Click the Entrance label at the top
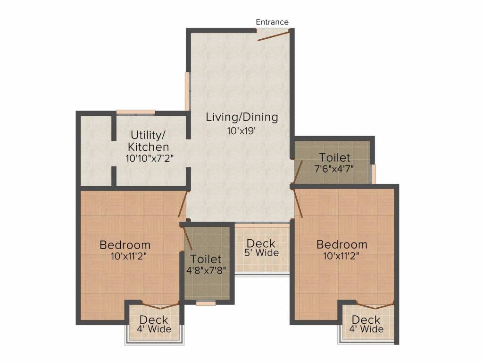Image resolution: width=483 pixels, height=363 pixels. click(x=272, y=22)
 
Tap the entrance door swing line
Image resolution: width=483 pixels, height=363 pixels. click(x=274, y=35)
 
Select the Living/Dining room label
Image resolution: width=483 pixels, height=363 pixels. click(x=242, y=117)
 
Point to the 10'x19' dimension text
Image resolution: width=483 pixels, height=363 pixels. click(x=242, y=131)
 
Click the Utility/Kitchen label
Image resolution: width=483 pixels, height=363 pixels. click(x=149, y=141)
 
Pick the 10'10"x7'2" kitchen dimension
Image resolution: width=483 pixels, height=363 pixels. click(x=150, y=158)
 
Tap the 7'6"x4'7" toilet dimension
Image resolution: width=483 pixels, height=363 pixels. click(x=334, y=169)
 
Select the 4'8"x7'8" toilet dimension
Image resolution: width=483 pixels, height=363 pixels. click(x=206, y=270)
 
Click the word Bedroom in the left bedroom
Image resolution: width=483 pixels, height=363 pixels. click(x=125, y=245)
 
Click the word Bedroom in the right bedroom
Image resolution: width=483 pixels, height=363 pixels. click(x=342, y=244)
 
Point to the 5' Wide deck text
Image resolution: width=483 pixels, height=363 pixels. click(x=261, y=252)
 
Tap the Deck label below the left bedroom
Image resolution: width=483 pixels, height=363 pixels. click(x=154, y=320)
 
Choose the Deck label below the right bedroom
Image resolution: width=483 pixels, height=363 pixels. click(x=366, y=320)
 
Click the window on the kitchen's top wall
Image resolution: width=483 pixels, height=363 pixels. click(x=135, y=112)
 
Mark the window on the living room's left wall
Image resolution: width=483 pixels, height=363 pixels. click(x=187, y=91)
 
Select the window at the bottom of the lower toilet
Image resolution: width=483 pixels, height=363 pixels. click(x=206, y=303)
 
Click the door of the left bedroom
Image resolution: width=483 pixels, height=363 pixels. click(x=183, y=204)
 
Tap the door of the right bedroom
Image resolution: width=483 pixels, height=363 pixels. click(x=298, y=203)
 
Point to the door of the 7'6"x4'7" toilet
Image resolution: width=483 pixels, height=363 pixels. click(x=298, y=171)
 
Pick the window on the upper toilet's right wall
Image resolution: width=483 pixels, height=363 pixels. click(x=373, y=174)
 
